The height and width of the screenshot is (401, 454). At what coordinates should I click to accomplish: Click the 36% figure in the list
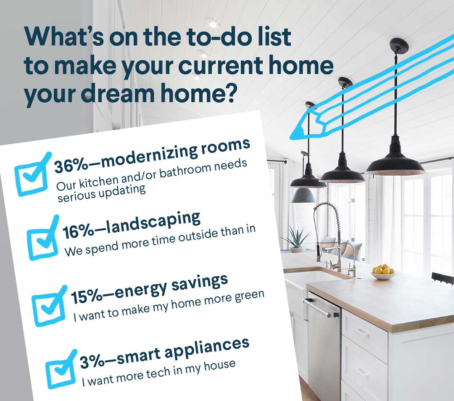(71, 166)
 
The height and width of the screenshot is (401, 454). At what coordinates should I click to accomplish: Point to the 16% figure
(78, 232)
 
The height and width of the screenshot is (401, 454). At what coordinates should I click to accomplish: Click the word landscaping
(153, 223)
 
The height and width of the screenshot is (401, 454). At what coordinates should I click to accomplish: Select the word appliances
(207, 347)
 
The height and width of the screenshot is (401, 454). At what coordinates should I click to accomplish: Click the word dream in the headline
(118, 93)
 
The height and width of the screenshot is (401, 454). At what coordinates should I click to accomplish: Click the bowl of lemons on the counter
(383, 272)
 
